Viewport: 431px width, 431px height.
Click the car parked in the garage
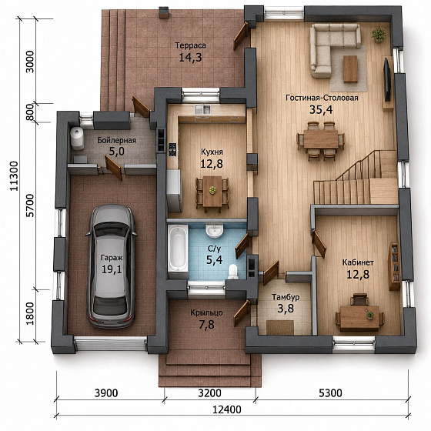[x=111, y=266]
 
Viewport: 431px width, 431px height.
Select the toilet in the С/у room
[x=233, y=271]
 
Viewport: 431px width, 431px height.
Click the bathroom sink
[x=215, y=230]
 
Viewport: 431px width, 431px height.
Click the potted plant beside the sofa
[x=379, y=35]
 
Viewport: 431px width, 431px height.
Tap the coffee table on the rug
[x=350, y=69]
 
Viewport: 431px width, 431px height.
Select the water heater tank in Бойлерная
[x=77, y=139]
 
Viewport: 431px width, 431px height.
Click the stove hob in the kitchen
[x=172, y=149]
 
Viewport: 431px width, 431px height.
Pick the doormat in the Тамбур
[x=280, y=327]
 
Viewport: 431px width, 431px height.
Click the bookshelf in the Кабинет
[x=394, y=266]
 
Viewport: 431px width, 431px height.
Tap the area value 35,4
[x=321, y=109]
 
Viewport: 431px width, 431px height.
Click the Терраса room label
[x=191, y=45]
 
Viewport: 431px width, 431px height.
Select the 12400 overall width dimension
[x=227, y=409]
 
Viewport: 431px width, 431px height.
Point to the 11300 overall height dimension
[x=14, y=176]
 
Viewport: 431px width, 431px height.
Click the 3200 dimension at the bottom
[x=209, y=393]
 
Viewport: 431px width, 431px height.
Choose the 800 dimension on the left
[x=30, y=112]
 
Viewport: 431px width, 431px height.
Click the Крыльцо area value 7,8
[x=207, y=325]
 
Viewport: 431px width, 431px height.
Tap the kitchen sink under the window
[x=202, y=109]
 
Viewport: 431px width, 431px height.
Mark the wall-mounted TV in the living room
[x=387, y=79]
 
